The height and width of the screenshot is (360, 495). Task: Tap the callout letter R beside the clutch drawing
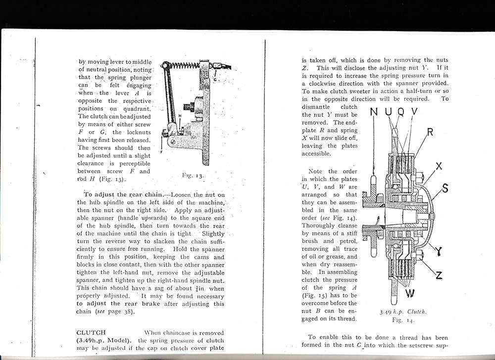pos(430,132)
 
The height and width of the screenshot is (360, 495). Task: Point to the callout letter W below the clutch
pos(410,294)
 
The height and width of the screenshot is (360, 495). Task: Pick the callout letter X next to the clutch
pos(439,167)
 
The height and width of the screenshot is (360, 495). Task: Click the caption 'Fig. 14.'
pos(402,320)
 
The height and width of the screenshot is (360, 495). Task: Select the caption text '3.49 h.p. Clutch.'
pos(403,312)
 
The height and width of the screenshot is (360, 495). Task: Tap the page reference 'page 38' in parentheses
pos(120,312)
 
